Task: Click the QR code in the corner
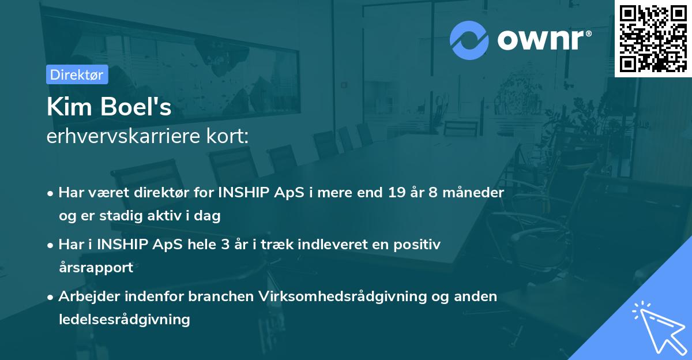(653, 38)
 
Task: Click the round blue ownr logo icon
(469, 40)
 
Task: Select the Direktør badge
(77, 74)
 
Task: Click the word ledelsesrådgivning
(124, 319)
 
